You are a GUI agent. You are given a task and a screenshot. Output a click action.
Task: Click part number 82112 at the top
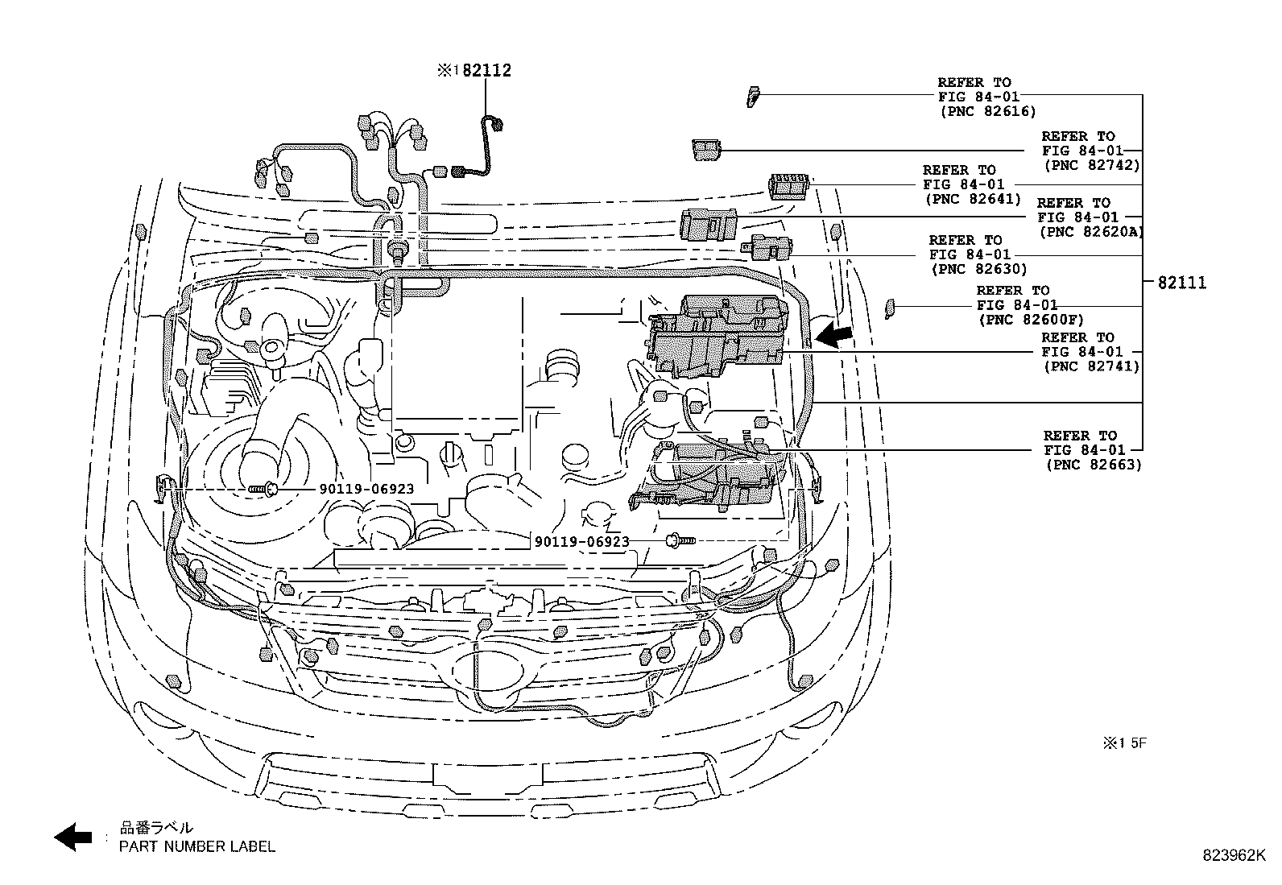486,71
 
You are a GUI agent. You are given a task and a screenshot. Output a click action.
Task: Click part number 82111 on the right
1181,283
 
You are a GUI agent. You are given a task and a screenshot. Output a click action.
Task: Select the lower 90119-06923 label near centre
581,542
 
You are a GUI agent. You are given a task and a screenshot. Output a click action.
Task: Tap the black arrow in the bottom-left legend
73,837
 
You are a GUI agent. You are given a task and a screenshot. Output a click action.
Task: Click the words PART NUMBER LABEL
196,846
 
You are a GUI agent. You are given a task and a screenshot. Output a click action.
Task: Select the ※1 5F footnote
1124,743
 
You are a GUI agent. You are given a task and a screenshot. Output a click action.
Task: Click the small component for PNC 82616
753,96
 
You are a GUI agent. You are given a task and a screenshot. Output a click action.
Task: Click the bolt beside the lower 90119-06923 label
679,542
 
